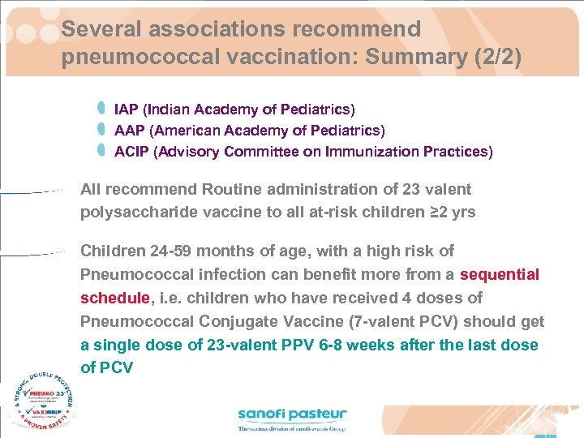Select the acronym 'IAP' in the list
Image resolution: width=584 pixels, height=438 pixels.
coord(126,109)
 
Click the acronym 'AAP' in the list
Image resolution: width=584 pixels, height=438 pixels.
coord(130,130)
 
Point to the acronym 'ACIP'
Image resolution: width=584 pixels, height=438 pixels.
coord(132,151)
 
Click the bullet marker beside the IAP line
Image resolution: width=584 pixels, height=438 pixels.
coord(101,108)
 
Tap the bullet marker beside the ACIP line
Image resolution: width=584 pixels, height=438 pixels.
coord(101,150)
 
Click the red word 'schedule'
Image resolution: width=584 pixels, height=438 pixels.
coord(115,298)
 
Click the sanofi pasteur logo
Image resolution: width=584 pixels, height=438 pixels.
coord(292,419)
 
